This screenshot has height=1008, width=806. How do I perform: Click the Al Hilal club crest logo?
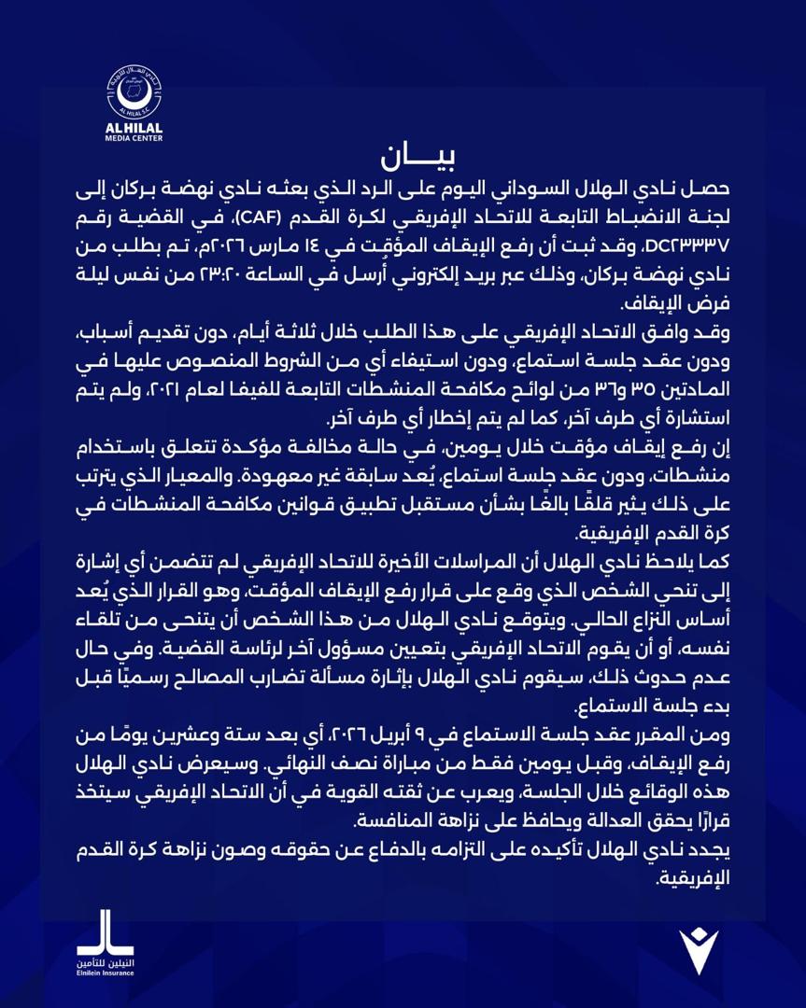coord(134,91)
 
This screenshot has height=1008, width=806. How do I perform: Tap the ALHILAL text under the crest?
coord(134,128)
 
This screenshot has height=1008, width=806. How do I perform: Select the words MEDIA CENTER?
coord(134,137)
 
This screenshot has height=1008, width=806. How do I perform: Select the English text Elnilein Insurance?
coord(105,973)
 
